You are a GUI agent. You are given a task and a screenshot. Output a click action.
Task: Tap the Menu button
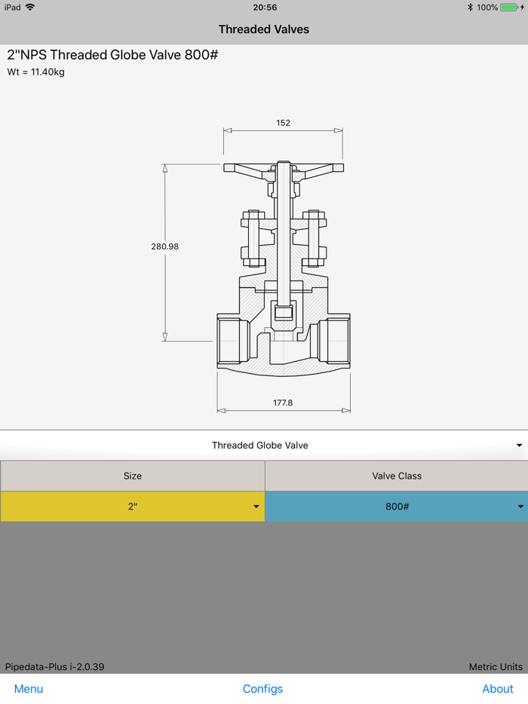click(x=29, y=689)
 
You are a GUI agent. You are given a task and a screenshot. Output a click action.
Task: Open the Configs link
click(x=262, y=689)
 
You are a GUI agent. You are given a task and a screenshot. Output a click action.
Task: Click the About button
click(x=497, y=689)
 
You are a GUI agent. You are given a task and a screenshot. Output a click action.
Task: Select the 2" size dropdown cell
click(x=132, y=507)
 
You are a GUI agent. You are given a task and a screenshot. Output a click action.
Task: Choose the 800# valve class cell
click(x=397, y=507)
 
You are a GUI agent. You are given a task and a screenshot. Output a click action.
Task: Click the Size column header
click(x=132, y=476)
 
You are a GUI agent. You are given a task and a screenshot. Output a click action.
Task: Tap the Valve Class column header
click(x=397, y=476)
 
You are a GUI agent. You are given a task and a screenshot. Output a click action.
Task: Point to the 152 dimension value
click(x=283, y=123)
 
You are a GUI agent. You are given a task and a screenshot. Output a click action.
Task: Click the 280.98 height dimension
click(x=164, y=246)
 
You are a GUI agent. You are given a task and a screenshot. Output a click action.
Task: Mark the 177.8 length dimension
click(x=283, y=403)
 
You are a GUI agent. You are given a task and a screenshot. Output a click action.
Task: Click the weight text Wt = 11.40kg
click(x=35, y=72)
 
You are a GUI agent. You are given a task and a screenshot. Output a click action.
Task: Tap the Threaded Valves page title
click(x=264, y=29)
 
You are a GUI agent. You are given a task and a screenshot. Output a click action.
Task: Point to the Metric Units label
click(x=496, y=667)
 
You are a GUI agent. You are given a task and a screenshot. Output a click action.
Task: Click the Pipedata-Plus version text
click(x=54, y=667)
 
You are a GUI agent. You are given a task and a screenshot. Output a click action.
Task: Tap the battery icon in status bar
click(x=508, y=8)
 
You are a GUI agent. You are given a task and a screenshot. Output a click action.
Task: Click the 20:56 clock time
click(x=265, y=8)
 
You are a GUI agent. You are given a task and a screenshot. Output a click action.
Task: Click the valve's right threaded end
click(x=334, y=341)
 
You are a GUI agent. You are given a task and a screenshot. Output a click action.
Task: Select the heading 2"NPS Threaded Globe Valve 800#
click(x=112, y=55)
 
